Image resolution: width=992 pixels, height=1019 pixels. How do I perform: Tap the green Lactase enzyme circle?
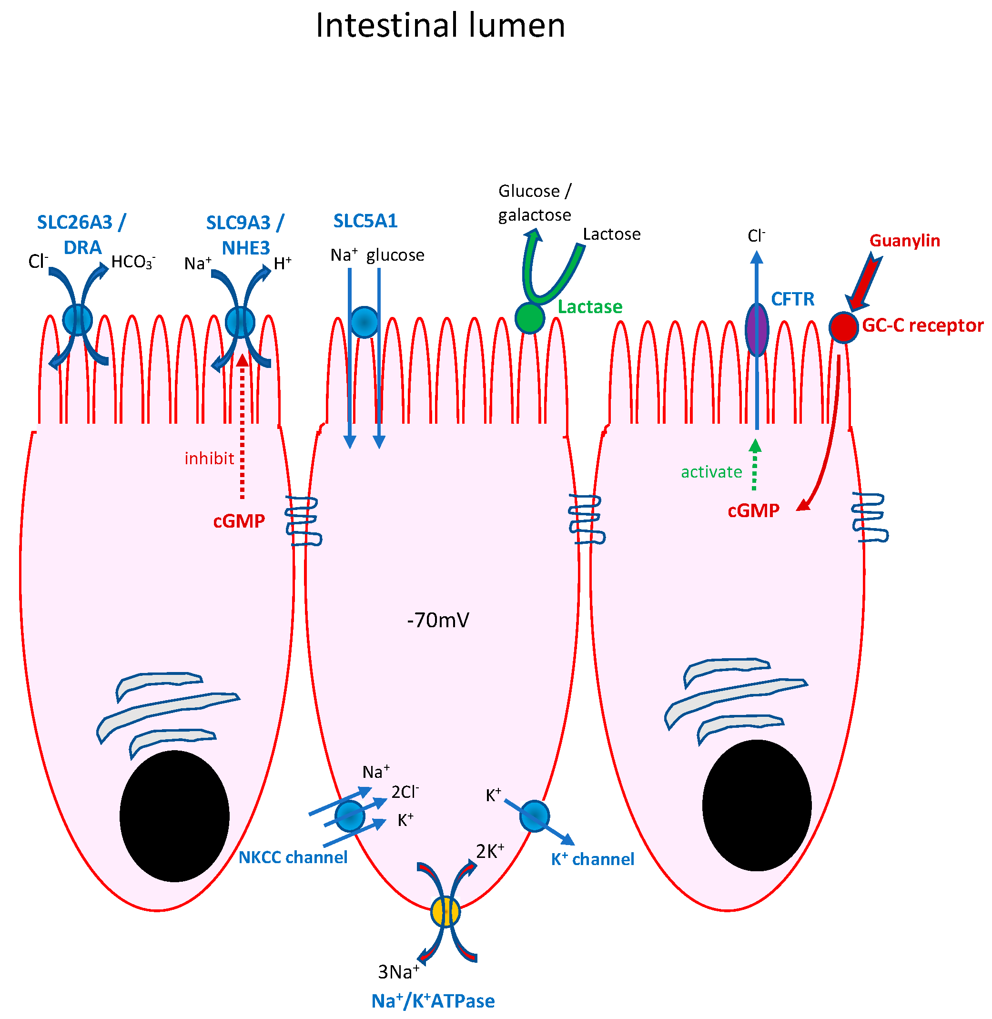[x=530, y=318]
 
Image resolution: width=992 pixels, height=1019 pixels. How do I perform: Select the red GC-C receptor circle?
[x=843, y=327]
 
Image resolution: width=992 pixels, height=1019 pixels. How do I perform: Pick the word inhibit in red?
[x=210, y=459]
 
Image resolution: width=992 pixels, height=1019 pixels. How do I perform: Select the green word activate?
[x=711, y=472]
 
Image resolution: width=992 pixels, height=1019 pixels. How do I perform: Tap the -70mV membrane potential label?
[x=438, y=621]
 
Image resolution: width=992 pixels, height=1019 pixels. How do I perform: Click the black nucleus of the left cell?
[x=174, y=815]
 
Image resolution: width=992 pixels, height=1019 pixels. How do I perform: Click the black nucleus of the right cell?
[x=757, y=805]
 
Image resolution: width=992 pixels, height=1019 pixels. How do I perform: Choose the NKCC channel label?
[x=293, y=857]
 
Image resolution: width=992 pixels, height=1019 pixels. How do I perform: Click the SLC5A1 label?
[x=365, y=221]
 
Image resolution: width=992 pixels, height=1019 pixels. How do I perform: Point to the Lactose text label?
[x=611, y=234]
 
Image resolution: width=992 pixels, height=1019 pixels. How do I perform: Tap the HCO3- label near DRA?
[x=133, y=262]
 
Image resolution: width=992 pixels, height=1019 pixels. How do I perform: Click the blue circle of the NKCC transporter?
[x=350, y=816]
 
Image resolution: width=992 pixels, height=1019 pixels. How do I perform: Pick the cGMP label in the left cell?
[x=239, y=521]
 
